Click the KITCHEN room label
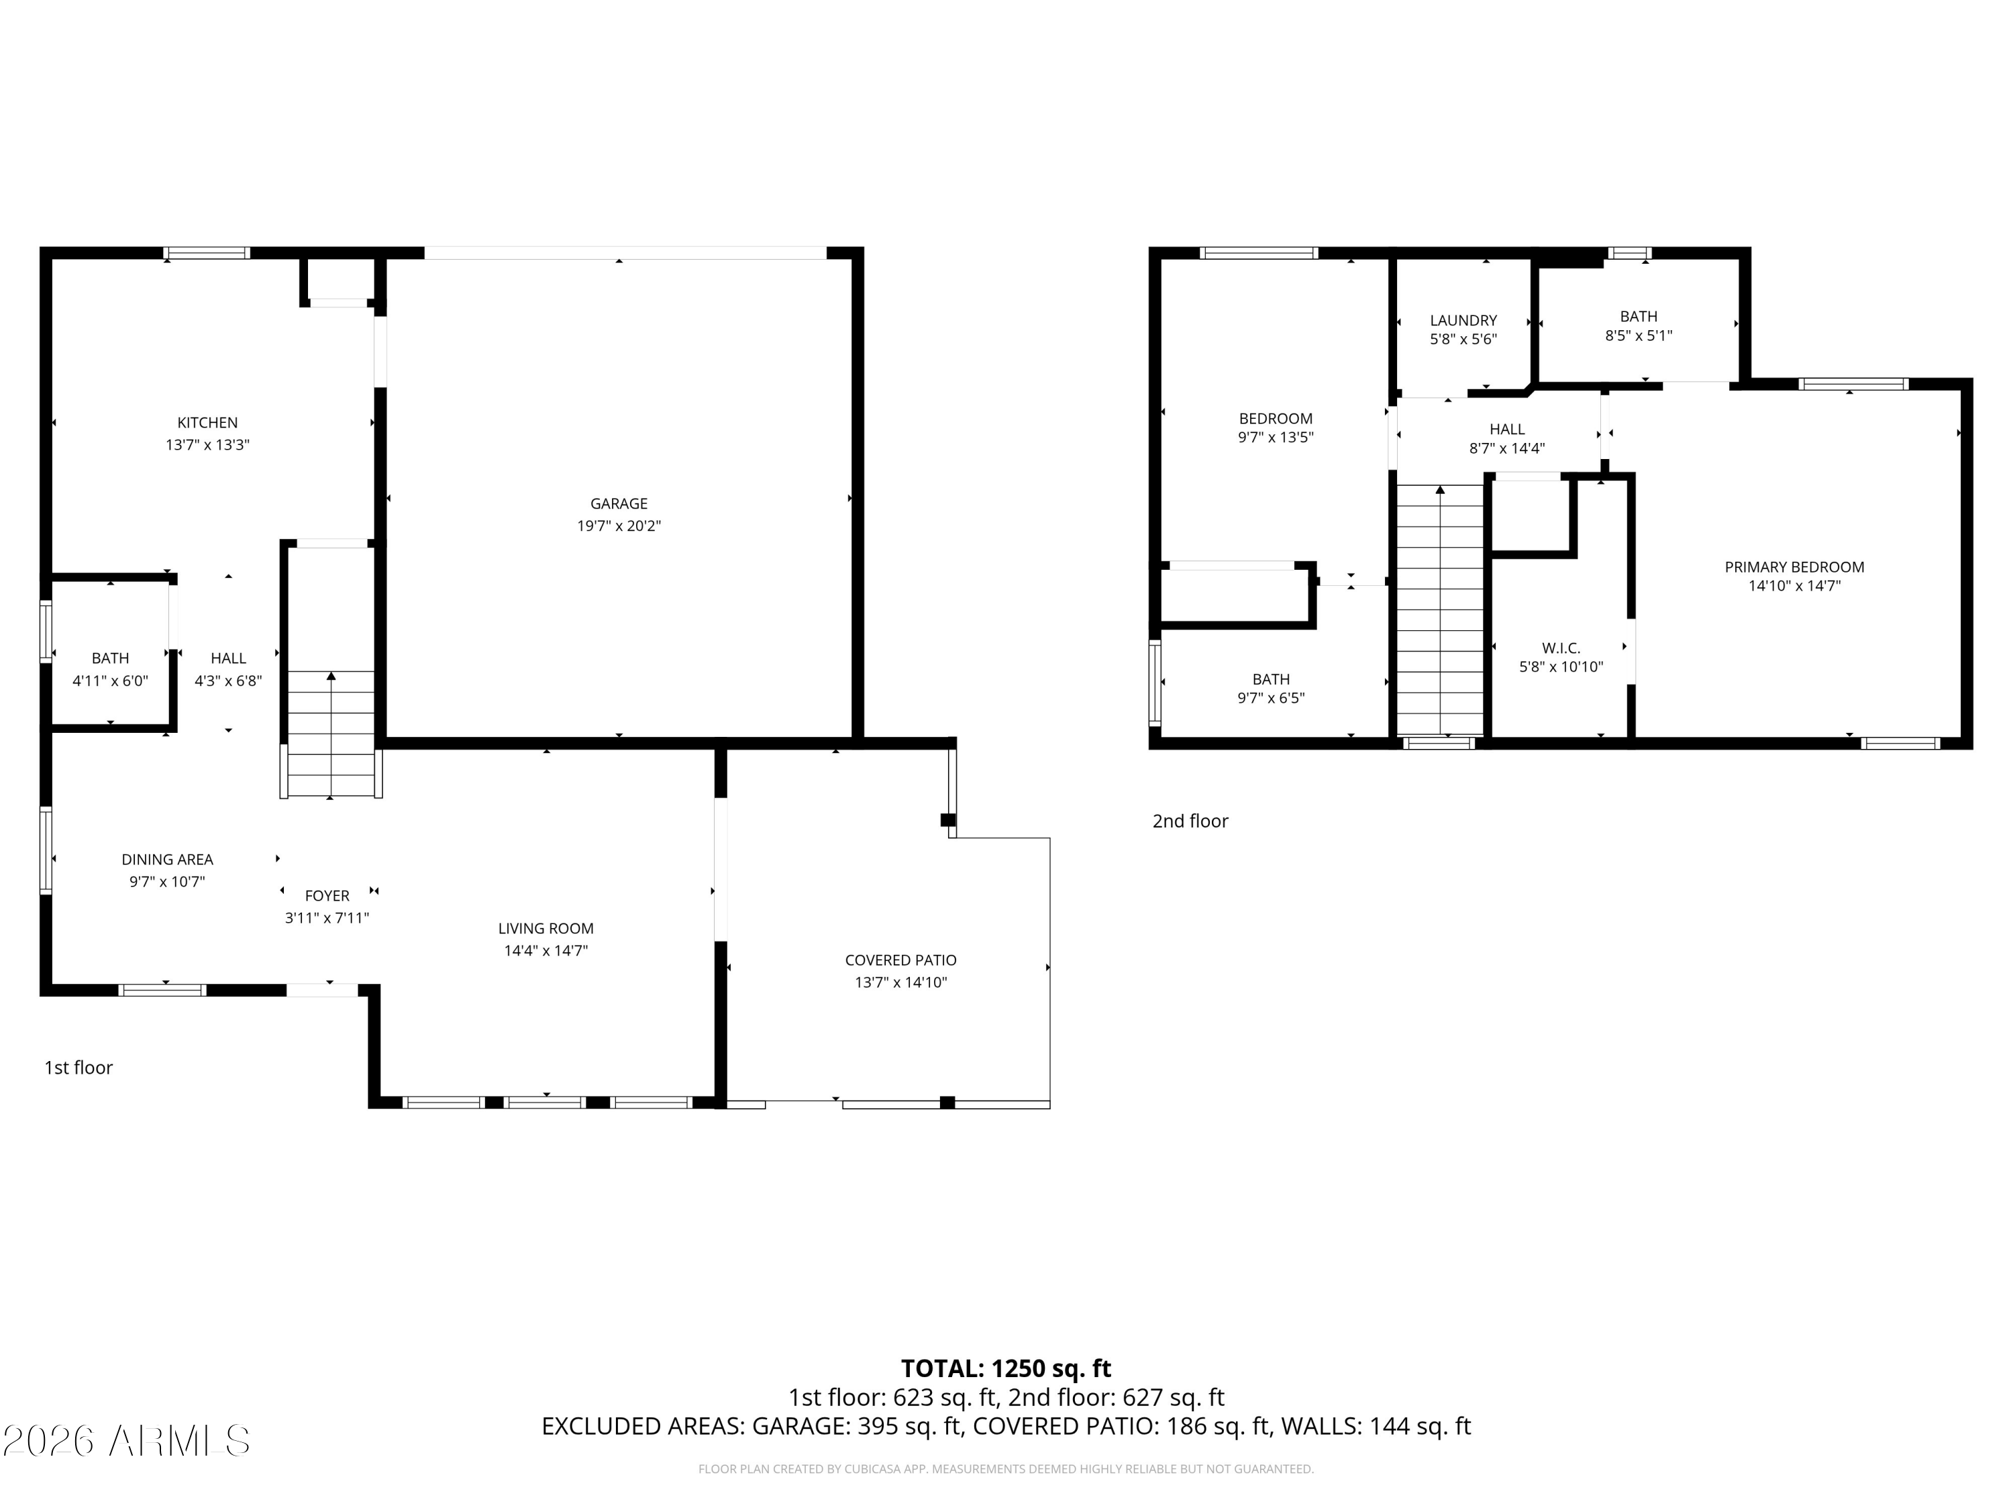[207, 422]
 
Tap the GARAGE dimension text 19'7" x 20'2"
[619, 526]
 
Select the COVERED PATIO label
[900, 960]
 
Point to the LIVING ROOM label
[545, 928]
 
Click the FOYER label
[327, 896]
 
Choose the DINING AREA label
[168, 859]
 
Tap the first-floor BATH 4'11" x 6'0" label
[110, 669]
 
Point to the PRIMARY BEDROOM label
[1794, 567]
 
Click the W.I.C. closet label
[1561, 648]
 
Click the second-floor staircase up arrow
[1440, 491]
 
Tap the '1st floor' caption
[79, 1068]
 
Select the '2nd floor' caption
[1190, 821]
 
